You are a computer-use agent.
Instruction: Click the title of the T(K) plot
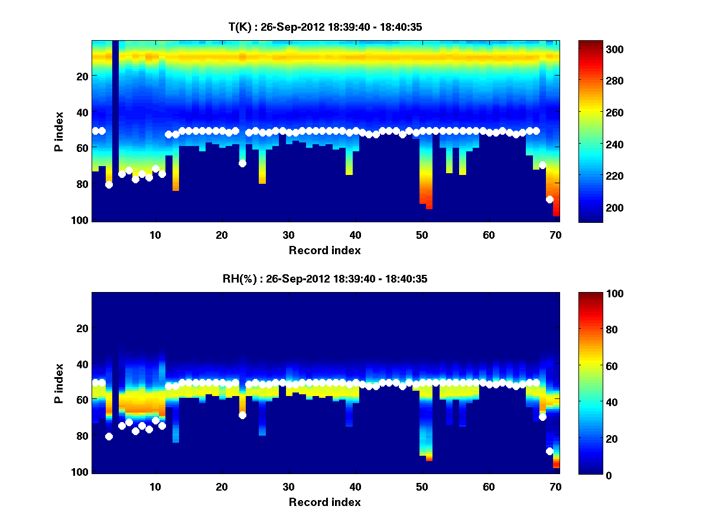coord(324,27)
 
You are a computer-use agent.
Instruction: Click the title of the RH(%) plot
coord(324,279)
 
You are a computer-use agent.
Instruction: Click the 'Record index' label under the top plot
coord(324,251)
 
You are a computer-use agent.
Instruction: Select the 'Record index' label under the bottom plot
coord(324,502)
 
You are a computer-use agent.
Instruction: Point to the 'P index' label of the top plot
coord(59,131)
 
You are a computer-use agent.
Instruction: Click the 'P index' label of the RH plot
coord(59,383)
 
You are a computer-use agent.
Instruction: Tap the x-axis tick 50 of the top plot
coord(422,235)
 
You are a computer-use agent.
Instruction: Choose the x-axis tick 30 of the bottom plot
coord(288,486)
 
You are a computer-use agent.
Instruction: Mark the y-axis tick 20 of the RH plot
coord(82,328)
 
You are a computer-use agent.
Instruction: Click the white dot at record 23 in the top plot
coord(242,163)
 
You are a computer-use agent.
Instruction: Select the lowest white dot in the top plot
coord(549,199)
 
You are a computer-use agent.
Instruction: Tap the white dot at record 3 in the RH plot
coord(109,436)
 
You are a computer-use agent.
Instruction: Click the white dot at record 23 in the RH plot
coord(242,415)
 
